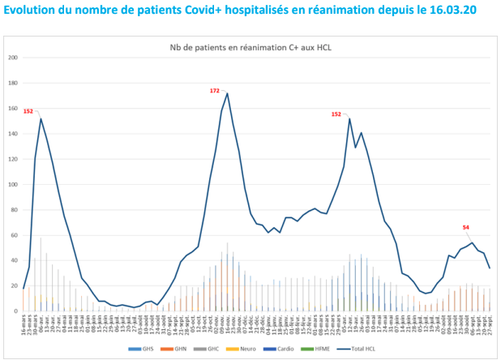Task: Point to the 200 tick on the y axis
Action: (x=12, y=58)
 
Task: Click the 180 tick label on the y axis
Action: (x=12, y=84)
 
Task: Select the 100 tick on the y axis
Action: (x=12, y=185)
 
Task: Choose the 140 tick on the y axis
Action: (x=12, y=134)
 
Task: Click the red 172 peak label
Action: (x=215, y=91)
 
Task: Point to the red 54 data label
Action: (x=466, y=227)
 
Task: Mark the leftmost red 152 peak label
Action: (x=28, y=111)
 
